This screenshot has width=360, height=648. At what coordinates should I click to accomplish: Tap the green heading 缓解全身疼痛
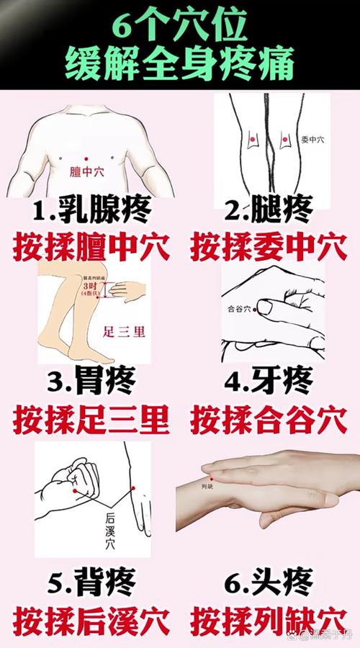click(x=180, y=64)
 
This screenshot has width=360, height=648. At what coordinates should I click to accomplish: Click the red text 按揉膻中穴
click(x=92, y=247)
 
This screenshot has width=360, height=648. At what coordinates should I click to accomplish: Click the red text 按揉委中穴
click(x=269, y=247)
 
